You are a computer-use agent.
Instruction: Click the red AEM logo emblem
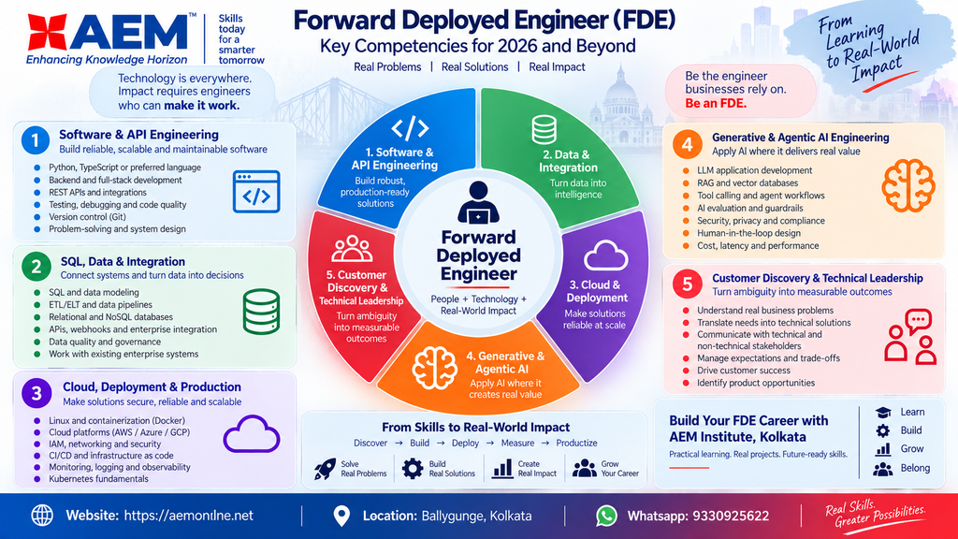(47, 33)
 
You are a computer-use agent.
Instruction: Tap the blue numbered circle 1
(36, 140)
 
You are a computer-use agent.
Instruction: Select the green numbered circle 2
(36, 267)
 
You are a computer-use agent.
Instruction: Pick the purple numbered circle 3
(36, 394)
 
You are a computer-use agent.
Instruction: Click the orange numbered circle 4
(687, 145)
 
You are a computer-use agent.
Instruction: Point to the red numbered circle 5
(688, 284)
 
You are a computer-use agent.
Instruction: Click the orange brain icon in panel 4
(908, 185)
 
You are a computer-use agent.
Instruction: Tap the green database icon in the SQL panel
(262, 312)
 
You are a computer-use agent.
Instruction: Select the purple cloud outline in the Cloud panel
(251, 434)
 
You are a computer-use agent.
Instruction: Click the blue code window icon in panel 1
(256, 192)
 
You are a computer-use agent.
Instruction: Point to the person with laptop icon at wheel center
(478, 202)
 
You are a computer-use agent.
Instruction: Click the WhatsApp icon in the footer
(606, 516)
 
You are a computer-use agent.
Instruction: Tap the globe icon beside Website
(42, 516)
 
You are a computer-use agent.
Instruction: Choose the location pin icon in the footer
(341, 516)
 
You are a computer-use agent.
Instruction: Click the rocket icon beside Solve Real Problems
(325, 469)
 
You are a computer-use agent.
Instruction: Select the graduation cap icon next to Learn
(883, 413)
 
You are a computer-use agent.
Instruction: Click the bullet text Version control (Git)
(87, 217)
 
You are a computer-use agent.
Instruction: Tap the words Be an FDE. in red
(716, 103)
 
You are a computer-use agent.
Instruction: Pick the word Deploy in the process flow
(466, 443)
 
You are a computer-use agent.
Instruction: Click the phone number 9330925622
(730, 516)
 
